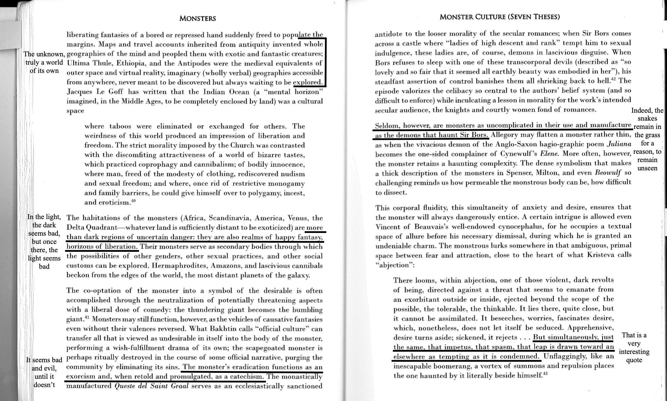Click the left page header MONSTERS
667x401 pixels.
[197, 19]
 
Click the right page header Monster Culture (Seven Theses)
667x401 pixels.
[500, 17]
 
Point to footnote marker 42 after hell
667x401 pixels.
[613, 79]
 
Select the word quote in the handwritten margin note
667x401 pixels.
[634, 360]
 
